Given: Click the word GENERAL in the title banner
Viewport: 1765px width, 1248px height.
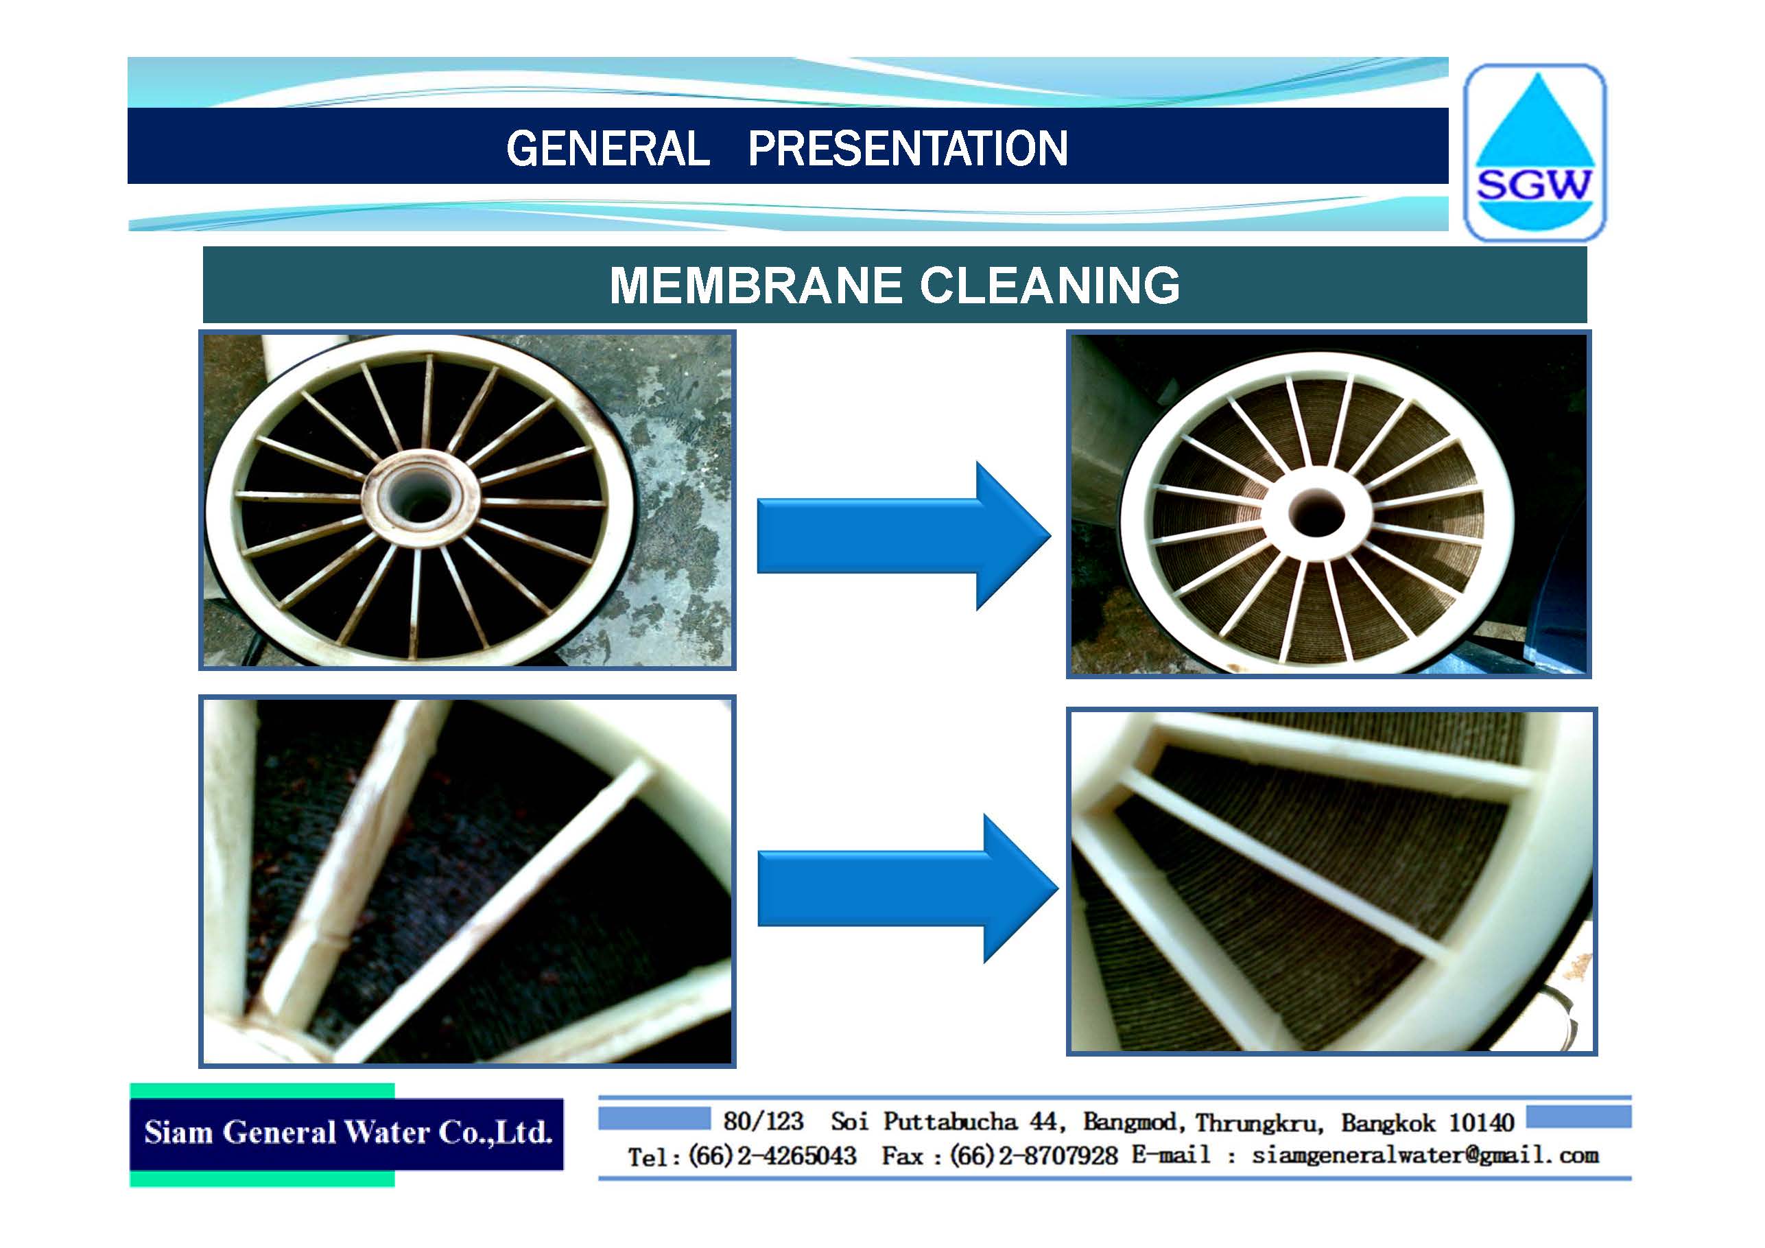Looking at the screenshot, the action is pyautogui.click(x=608, y=148).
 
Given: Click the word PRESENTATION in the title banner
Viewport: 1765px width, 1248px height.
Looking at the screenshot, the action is pyautogui.click(x=908, y=148).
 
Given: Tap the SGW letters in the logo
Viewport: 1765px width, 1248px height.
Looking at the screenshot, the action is pyautogui.click(x=1535, y=185).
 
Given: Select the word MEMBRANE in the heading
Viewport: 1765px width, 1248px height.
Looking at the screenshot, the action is pyautogui.click(x=756, y=285).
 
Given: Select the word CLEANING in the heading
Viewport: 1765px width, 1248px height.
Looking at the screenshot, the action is pyautogui.click(x=1050, y=285).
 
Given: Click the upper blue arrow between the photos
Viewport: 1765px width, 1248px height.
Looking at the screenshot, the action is pyautogui.click(x=904, y=536).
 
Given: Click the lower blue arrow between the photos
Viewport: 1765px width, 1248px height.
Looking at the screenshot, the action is pyautogui.click(x=908, y=888).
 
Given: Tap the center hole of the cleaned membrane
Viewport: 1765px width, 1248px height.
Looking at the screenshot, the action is pyautogui.click(x=1317, y=512).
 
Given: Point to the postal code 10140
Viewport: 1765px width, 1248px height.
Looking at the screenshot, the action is pyautogui.click(x=1481, y=1122).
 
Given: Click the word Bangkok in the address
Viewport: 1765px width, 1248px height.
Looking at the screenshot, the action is pyautogui.click(x=1388, y=1122).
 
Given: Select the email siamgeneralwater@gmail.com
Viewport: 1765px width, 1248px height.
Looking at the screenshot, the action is pyautogui.click(x=1425, y=1156).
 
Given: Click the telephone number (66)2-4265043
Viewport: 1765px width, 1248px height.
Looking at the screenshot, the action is pyautogui.click(x=772, y=1156).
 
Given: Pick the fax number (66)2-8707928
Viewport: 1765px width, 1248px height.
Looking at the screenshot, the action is pyautogui.click(x=1034, y=1156).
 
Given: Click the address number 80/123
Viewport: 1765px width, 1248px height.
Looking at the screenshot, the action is pyautogui.click(x=763, y=1122).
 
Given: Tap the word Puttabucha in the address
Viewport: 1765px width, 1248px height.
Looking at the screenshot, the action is pyautogui.click(x=950, y=1122).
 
